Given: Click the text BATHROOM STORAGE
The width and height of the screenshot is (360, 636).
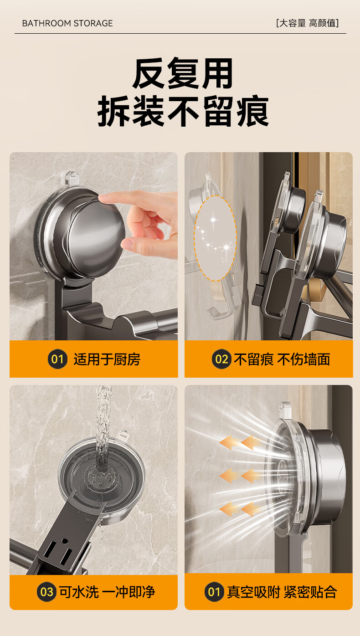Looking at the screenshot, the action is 67,23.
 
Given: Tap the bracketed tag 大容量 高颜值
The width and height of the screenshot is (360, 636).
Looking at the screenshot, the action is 308,23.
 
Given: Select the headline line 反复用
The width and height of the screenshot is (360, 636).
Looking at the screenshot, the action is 183,73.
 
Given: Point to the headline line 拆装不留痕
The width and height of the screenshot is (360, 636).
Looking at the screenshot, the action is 183,111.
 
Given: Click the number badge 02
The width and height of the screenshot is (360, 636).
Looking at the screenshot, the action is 221,359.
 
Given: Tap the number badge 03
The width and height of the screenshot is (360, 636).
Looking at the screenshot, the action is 46,592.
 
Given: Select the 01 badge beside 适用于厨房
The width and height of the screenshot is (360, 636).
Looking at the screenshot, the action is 57,359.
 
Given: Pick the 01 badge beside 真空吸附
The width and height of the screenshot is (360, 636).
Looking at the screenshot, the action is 214,592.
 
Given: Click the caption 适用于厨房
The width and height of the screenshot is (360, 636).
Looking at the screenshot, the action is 107,359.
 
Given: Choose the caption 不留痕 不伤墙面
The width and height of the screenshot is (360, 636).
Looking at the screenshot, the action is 282,359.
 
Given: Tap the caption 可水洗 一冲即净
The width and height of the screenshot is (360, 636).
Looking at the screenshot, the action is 107,592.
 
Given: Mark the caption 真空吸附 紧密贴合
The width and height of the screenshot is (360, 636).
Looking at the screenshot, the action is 282,592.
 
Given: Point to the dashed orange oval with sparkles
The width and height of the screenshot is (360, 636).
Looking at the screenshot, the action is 215,238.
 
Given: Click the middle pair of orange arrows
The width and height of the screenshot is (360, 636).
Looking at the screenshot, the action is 240,476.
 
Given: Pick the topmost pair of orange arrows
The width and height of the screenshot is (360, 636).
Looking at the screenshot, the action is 240,442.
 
